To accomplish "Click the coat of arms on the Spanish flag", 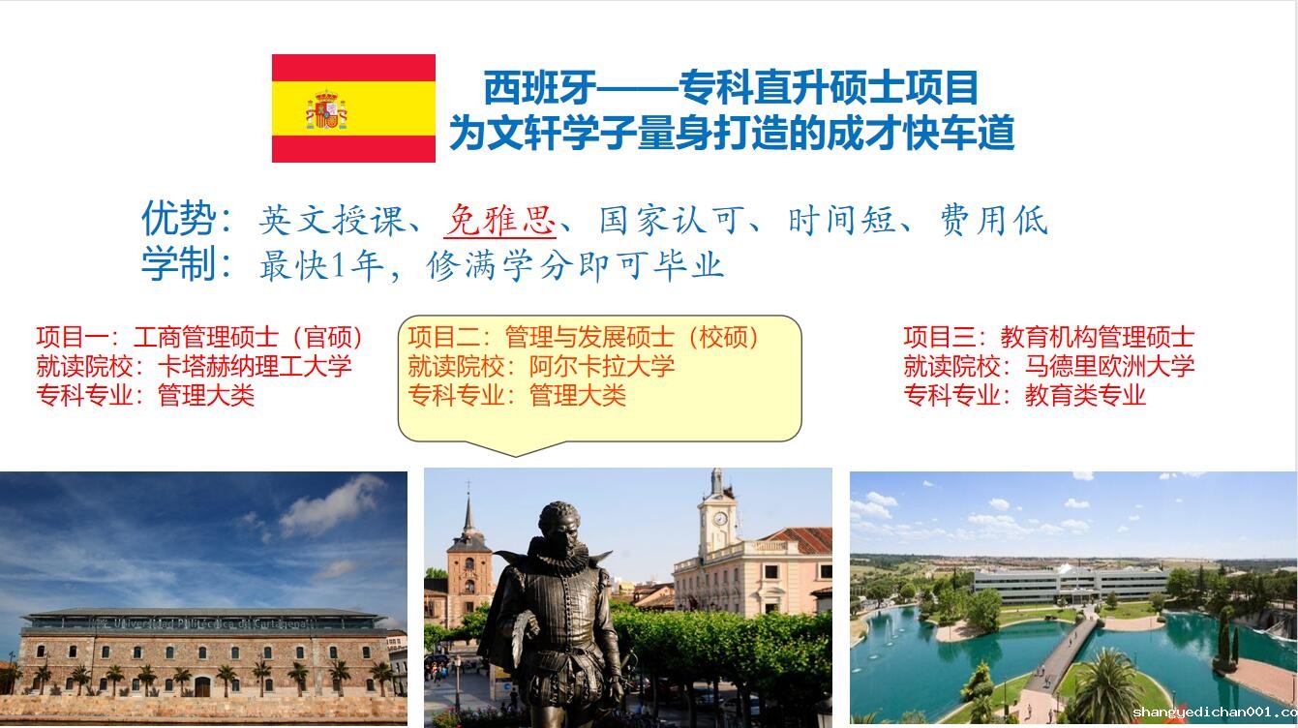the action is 326,109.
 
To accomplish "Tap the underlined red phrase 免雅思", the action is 499,221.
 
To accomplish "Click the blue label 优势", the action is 179,219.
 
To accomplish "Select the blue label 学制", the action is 179,263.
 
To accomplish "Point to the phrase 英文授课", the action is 332,221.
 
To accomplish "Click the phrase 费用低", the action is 994,221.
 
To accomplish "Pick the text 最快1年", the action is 321,266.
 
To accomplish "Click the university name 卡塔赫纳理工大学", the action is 255,366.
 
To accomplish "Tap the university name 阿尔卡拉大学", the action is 602,366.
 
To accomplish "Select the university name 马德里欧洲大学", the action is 1109,366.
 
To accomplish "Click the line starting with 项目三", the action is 1049,337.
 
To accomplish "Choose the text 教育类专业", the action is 1085,396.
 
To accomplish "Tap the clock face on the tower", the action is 720,518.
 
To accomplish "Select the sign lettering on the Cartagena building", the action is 210,623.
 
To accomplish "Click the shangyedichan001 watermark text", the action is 1215,712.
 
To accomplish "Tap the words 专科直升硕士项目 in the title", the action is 829,87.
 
